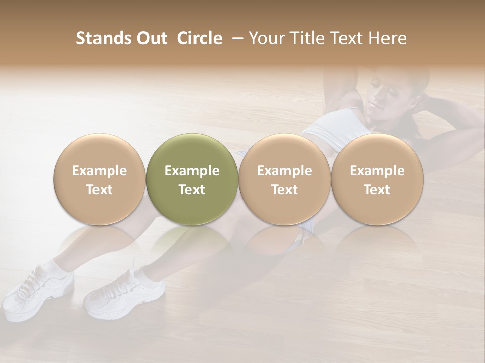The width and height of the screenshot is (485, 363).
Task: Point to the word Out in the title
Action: click(151, 38)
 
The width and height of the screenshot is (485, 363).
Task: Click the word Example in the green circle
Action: click(192, 171)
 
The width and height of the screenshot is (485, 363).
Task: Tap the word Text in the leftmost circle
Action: click(99, 190)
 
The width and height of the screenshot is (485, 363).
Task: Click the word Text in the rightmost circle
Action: click(377, 190)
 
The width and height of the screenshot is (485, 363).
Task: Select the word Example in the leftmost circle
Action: click(99, 171)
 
